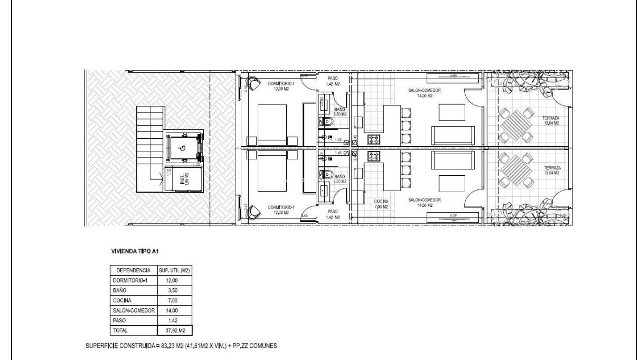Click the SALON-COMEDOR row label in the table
(134, 310)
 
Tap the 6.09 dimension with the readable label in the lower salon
(453, 216)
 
